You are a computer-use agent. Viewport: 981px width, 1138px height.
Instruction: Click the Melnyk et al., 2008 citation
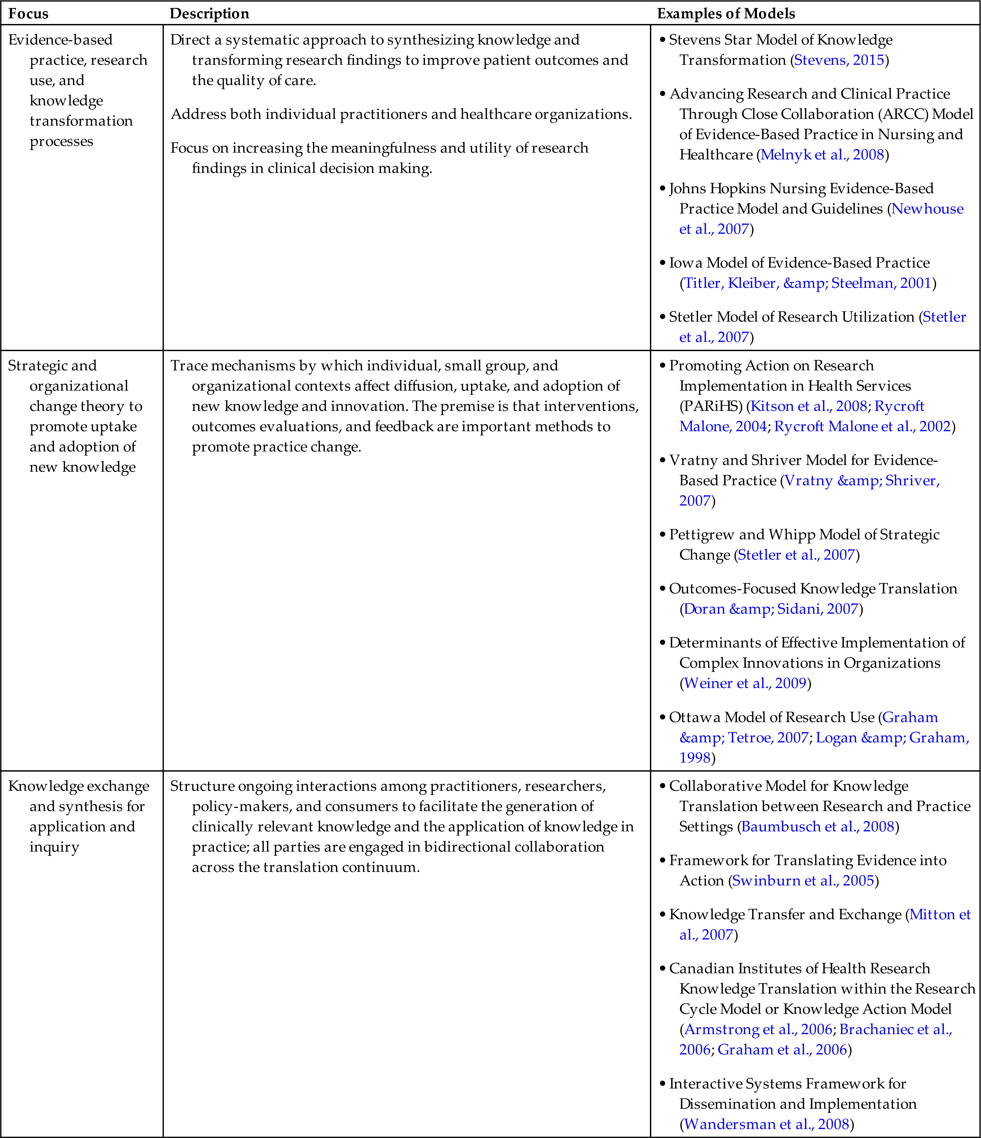(822, 154)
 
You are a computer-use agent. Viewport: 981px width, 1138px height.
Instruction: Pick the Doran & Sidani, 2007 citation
(770, 609)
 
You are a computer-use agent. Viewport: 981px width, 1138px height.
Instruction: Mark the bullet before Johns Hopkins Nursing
(663, 188)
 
